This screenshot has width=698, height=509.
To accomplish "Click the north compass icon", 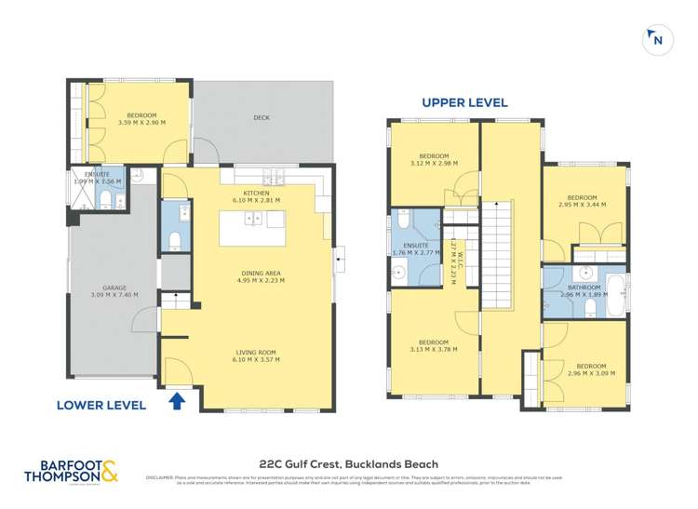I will coord(657,39).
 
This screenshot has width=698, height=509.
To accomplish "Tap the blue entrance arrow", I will coord(179,401).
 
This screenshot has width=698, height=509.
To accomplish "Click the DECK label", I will coord(262,117).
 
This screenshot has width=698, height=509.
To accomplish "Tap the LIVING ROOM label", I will coord(255,355).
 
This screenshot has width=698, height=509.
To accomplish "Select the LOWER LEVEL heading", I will coord(101,405).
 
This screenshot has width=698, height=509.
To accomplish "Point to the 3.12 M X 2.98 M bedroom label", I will coord(434,159).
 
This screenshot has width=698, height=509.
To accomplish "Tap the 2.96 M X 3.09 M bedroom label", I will coord(590,369).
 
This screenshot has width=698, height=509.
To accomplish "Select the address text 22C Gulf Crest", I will coord(347,463).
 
